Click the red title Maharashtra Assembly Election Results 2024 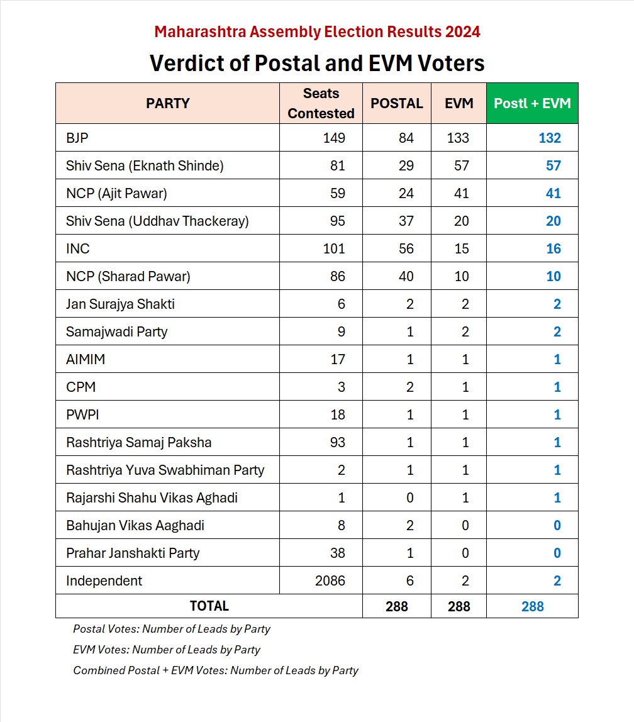[317, 31]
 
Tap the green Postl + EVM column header [532, 103]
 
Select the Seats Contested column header [321, 103]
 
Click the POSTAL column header [397, 103]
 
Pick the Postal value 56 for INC [406, 248]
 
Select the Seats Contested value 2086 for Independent [330, 580]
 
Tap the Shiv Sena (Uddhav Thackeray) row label [157, 221]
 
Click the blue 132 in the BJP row [549, 138]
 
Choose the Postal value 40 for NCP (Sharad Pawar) [406, 276]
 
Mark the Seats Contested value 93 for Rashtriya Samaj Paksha [337, 442]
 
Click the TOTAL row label [209, 606]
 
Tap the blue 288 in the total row [532, 606]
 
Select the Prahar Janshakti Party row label [132, 553]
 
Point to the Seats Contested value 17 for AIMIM [337, 359]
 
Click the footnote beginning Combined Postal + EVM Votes [215, 670]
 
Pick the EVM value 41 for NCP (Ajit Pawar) [461, 193]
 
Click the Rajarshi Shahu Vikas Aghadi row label [152, 497]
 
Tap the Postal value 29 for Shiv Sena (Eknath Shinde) [406, 165]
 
